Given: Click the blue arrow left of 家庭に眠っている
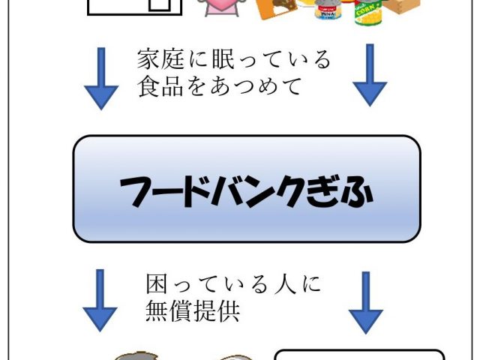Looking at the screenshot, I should tap(101, 79).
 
